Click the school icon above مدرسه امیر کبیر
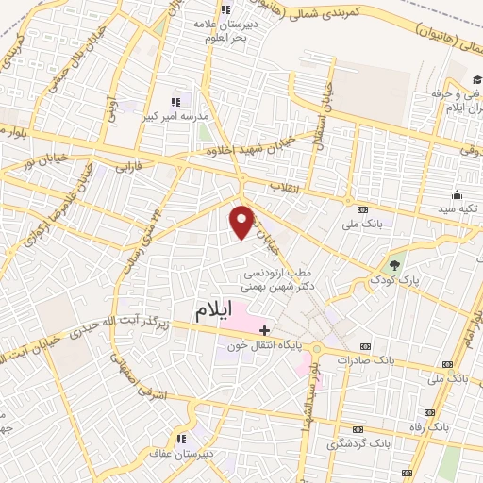pos(175,101)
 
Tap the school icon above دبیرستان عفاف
pos(182,439)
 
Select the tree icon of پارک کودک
pos(395,264)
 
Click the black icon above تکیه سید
pos(457,192)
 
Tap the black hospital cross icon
pos(264,330)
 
